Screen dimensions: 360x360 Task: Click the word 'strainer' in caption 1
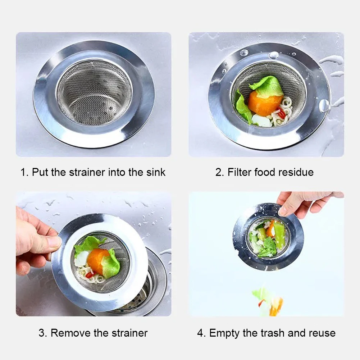point(87,172)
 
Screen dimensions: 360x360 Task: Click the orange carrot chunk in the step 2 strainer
point(264,103)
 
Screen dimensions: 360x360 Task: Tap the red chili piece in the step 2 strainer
point(282,113)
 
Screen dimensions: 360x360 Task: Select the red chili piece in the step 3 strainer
point(90,274)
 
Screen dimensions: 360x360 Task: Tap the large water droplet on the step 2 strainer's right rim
point(324,106)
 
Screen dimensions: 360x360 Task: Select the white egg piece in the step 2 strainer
point(261,120)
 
